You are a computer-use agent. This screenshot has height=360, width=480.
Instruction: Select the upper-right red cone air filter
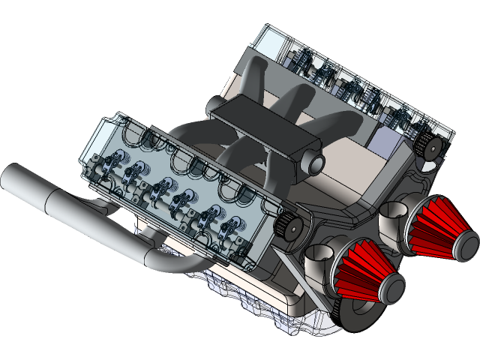tap(439, 229)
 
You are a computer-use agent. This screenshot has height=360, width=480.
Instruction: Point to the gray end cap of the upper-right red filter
tap(466, 245)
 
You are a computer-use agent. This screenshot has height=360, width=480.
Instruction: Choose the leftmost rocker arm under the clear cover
tap(115, 161)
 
